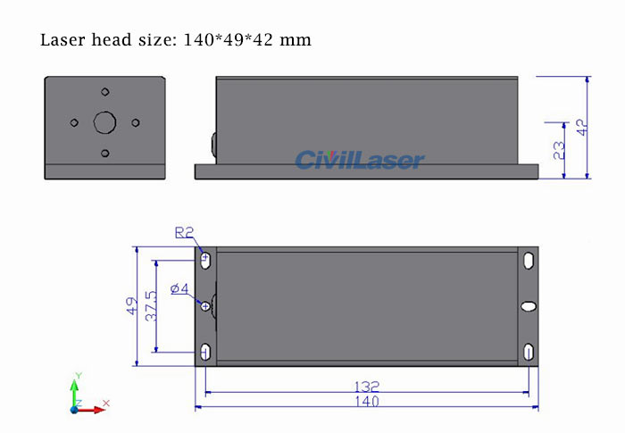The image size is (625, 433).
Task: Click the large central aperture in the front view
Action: pyautogui.click(x=105, y=122)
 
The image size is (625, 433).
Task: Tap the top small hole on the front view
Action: pyautogui.click(x=105, y=92)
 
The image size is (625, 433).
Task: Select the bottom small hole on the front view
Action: pyautogui.click(x=105, y=154)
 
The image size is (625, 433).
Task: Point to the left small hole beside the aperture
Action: pyautogui.click(x=74, y=123)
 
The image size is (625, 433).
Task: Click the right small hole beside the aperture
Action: pyautogui.click(x=136, y=123)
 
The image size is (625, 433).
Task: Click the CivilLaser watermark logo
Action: pyautogui.click(x=360, y=160)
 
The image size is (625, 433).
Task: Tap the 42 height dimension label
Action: pyautogui.click(x=582, y=126)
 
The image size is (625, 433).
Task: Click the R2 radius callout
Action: pyautogui.click(x=184, y=233)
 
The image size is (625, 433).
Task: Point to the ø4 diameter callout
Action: pyautogui.click(x=179, y=288)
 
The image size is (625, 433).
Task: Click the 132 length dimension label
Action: pyautogui.click(x=366, y=387)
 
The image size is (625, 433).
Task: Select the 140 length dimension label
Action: pyautogui.click(x=366, y=402)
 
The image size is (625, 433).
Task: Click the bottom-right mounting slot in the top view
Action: pyautogui.click(x=529, y=351)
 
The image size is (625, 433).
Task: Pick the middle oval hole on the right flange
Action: pyautogui.click(x=529, y=306)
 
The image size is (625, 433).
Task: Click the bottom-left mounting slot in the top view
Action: pyautogui.click(x=206, y=351)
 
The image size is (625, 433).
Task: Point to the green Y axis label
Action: pyautogui.click(x=79, y=375)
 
